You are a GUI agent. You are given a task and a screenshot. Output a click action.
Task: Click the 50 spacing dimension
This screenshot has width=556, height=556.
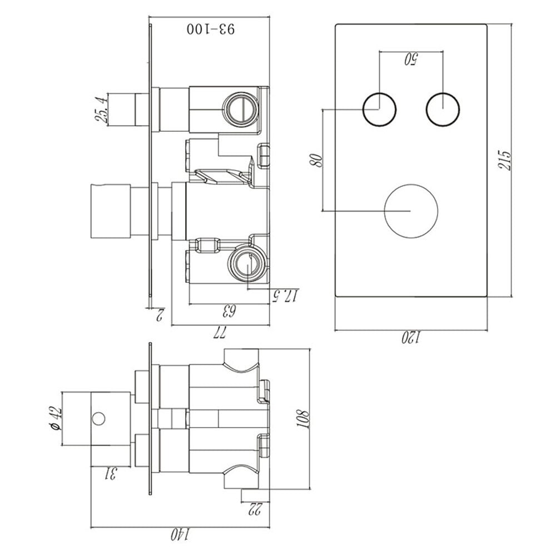point(411,58)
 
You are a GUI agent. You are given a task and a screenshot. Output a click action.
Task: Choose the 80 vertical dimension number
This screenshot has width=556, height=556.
point(316,161)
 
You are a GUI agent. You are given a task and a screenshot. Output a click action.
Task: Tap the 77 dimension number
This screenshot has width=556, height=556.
point(220,332)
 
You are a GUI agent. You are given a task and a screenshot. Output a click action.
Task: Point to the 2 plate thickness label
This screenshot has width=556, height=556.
point(159,315)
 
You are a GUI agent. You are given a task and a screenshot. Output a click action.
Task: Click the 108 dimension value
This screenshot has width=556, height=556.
point(303,418)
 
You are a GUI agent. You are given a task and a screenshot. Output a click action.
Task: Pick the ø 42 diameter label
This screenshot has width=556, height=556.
point(54,418)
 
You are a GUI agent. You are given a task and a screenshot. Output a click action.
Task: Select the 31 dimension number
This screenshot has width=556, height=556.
point(111,474)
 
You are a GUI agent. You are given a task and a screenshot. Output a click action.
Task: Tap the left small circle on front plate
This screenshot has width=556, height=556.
point(380,108)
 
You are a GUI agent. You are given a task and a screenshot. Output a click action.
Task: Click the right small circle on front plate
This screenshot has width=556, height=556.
point(443,108)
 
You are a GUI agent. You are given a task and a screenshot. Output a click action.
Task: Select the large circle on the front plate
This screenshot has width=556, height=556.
point(411,211)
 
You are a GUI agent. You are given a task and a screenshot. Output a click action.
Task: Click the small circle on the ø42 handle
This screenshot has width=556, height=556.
point(99,418)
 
